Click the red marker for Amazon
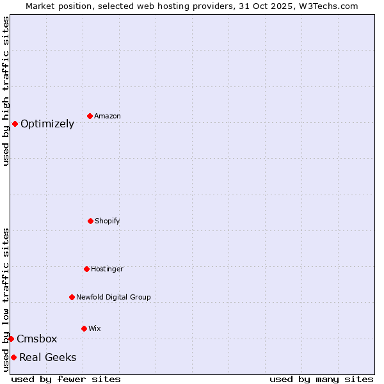(x=90, y=116)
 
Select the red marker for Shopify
(x=90, y=221)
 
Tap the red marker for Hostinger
(x=86, y=269)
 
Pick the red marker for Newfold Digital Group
(x=72, y=297)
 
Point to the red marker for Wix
(x=84, y=328)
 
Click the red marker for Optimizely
(x=15, y=124)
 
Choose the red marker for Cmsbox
(x=11, y=339)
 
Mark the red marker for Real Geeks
(x=13, y=357)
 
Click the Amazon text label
(x=108, y=116)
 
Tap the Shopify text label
(x=108, y=221)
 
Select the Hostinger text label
(x=107, y=269)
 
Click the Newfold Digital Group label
(x=113, y=298)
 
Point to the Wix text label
(x=95, y=329)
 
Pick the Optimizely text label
(x=47, y=124)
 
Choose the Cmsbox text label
(x=37, y=339)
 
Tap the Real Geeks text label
(x=48, y=358)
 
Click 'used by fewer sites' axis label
(x=66, y=379)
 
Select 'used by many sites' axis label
(x=321, y=379)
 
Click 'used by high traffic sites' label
(x=6, y=91)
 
